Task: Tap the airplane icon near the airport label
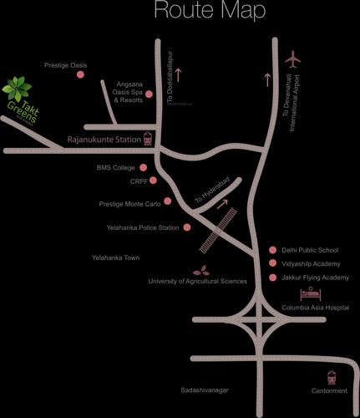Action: (x=292, y=59)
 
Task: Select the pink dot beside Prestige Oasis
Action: (x=80, y=74)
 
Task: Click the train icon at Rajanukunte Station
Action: (x=149, y=140)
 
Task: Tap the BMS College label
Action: (x=116, y=167)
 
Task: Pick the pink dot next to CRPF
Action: (x=154, y=180)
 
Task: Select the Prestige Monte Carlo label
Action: (x=130, y=202)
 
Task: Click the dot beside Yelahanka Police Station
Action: (x=187, y=227)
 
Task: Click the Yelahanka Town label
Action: (x=115, y=257)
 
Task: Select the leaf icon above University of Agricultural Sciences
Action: (x=201, y=270)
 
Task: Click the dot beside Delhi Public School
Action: (x=272, y=250)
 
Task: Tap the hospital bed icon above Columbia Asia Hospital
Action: (x=311, y=293)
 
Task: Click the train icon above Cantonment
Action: (x=332, y=377)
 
